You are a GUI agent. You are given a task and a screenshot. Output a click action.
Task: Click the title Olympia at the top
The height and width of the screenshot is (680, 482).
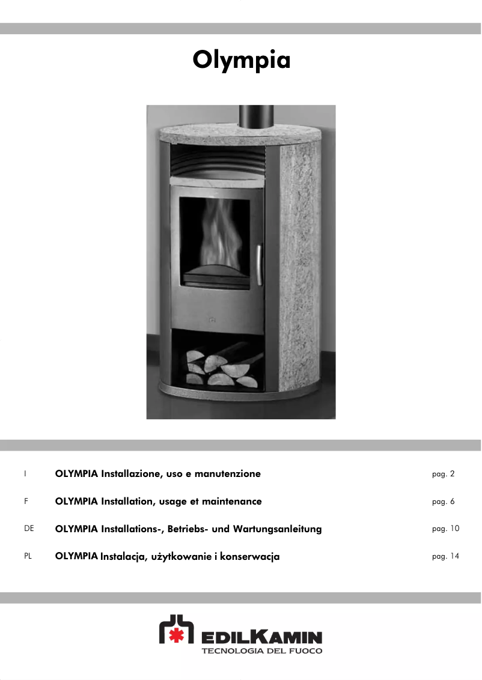241,60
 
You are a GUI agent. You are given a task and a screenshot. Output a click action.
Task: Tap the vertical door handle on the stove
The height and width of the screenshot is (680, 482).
258,264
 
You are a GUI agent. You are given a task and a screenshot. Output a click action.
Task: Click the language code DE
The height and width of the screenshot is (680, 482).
29,529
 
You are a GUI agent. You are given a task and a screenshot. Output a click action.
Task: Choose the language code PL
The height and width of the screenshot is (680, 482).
28,556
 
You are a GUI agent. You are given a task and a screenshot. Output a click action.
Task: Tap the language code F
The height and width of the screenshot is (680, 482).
26,501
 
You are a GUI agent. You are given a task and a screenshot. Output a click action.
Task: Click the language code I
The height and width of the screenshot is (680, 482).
25,473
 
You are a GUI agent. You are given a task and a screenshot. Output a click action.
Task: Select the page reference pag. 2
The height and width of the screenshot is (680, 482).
443,474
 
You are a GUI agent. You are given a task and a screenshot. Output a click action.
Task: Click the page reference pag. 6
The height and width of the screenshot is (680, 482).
443,502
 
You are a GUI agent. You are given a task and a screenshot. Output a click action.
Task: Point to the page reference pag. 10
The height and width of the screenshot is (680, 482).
445,529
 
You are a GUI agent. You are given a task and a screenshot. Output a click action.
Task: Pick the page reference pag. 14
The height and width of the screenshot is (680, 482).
445,556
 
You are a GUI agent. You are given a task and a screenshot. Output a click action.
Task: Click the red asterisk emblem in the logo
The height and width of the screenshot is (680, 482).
175,636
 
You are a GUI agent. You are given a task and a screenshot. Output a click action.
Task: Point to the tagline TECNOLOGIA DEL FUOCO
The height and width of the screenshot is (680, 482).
261,651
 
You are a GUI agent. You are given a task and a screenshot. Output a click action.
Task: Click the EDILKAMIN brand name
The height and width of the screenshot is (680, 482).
261,637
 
